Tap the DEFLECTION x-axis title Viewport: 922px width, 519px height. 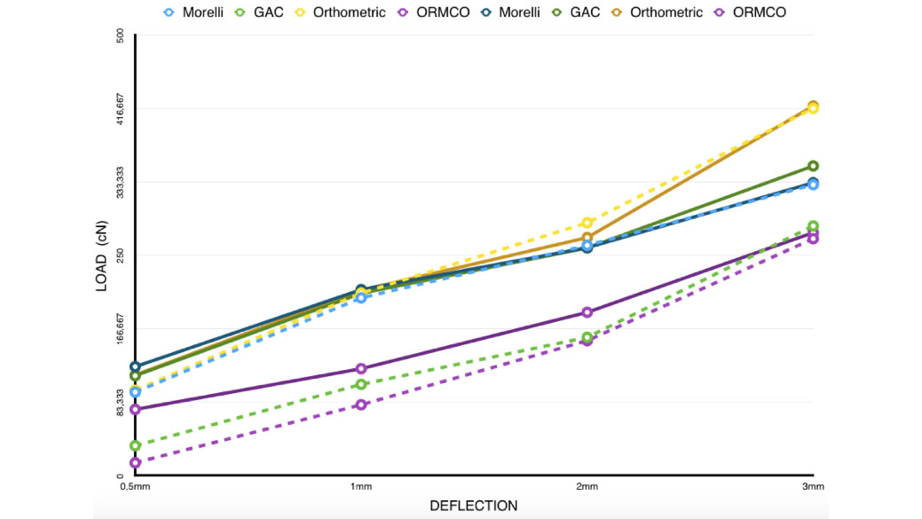tap(473, 506)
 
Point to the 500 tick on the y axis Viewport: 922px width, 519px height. tap(121, 35)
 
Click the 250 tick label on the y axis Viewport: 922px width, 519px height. tap(121, 255)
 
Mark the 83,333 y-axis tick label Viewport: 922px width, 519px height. tap(121, 402)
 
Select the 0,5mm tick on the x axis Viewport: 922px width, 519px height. tap(134, 487)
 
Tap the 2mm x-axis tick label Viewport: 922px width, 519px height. tap(587, 487)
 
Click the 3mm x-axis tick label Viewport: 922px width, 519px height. tap(813, 487)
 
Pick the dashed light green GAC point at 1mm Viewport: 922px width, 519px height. tap(361, 384)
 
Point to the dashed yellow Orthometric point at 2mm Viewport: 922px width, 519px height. tap(587, 223)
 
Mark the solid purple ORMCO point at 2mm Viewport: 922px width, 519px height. tap(587, 312)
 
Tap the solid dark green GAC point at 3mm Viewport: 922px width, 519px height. tap(813, 166)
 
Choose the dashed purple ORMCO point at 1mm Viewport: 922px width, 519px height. tap(361, 405)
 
